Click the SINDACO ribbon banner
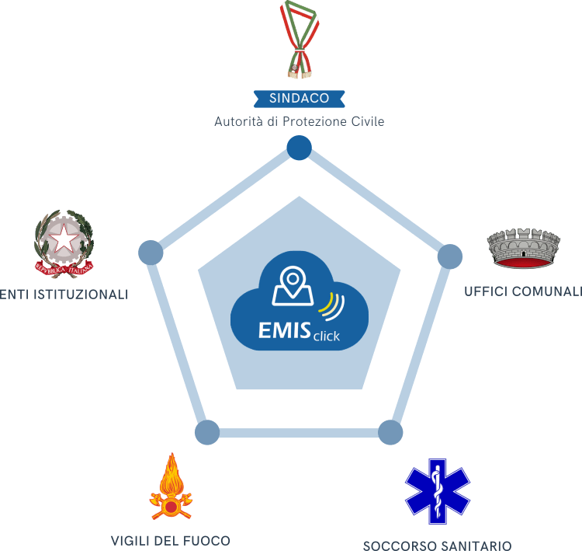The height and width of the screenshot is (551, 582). pyautogui.click(x=299, y=98)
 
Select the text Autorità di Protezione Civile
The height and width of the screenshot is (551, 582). pyautogui.click(x=299, y=122)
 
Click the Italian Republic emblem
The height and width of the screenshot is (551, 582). pyautogui.click(x=64, y=242)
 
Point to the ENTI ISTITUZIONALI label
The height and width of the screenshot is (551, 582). pyautogui.click(x=64, y=295)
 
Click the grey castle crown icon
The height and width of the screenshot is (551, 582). pyautogui.click(x=523, y=249)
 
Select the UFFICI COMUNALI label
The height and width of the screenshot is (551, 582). pyautogui.click(x=522, y=291)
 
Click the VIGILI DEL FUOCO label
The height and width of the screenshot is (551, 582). pyautogui.click(x=170, y=540)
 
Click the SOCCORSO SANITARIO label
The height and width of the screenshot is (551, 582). pyautogui.click(x=438, y=544)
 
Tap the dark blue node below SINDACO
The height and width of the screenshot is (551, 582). pyautogui.click(x=299, y=148)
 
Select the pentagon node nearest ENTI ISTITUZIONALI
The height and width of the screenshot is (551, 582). pyautogui.click(x=151, y=253)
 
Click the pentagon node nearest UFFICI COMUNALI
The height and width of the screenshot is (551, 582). pyautogui.click(x=449, y=256)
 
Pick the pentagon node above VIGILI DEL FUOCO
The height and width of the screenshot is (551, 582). pyautogui.click(x=207, y=432)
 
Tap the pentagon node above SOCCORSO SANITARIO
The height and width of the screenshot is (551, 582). pyautogui.click(x=390, y=433)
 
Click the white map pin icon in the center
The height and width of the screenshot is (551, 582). pyautogui.click(x=292, y=287)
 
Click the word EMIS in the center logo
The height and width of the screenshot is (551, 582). pyautogui.click(x=283, y=330)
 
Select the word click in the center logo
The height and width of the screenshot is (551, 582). pyautogui.click(x=326, y=337)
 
